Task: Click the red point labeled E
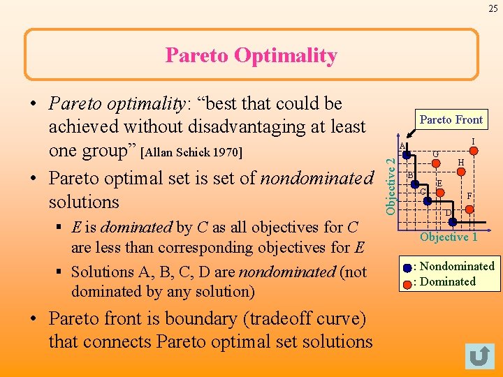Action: tap(439, 192)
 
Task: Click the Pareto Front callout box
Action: tap(451, 120)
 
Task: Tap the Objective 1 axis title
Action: tap(449, 237)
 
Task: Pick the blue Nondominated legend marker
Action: tap(408, 267)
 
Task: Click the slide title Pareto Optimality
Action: tap(251, 55)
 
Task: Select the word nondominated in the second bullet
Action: tap(316, 178)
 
